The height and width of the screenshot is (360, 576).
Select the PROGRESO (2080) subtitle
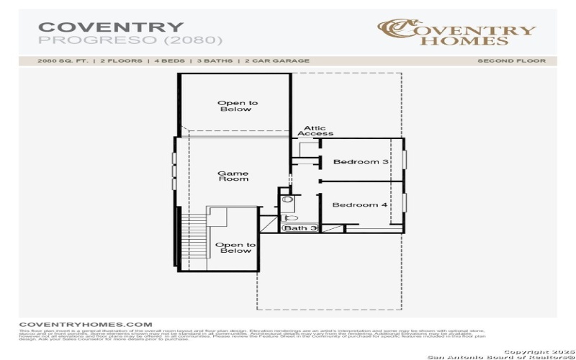click(130, 40)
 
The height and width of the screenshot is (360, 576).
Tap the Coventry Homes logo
click(457, 31)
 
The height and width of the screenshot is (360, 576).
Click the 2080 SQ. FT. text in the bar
click(63, 61)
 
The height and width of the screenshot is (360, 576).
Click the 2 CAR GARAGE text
click(277, 61)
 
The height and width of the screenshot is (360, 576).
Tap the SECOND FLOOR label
click(511, 61)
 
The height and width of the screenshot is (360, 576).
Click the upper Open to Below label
click(238, 107)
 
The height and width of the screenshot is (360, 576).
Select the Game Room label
click(233, 176)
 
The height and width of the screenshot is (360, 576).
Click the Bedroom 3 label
click(361, 162)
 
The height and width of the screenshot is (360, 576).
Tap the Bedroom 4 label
click(359, 205)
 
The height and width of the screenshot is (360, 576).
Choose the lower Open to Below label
click(234, 248)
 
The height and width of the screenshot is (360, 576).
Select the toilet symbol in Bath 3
click(290, 217)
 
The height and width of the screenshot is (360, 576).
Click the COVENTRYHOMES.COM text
click(85, 325)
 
